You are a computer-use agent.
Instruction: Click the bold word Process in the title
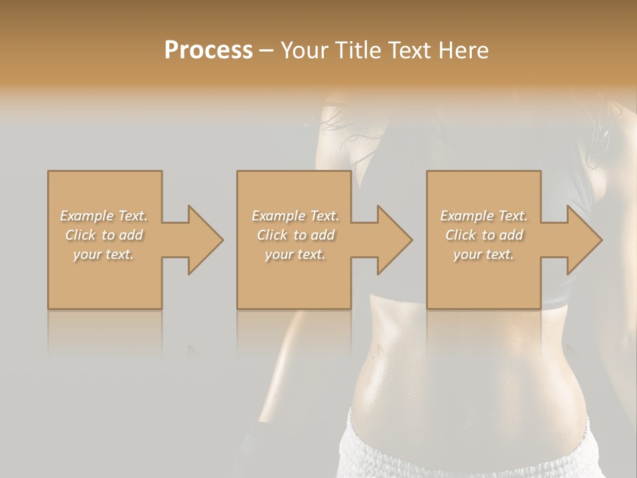(208, 50)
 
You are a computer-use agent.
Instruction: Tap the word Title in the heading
(357, 50)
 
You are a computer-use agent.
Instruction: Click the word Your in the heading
(305, 50)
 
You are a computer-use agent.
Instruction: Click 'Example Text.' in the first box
(104, 216)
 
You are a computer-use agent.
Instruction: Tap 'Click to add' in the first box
(104, 235)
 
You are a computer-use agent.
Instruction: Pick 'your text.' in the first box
(104, 254)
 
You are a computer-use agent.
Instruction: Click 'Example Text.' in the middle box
(295, 216)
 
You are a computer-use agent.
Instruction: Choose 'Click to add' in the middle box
(295, 235)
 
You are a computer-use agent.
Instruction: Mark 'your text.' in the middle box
(295, 254)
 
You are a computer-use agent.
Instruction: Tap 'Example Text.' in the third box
(484, 216)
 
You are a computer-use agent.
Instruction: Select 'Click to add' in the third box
(484, 235)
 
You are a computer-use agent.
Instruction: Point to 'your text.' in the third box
(484, 254)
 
